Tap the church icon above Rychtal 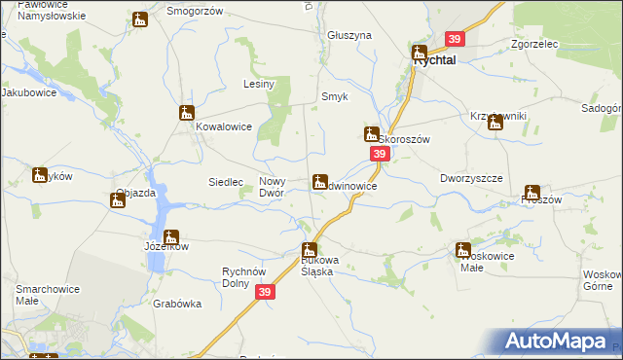tap(420, 52)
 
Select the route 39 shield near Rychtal tap(455, 39)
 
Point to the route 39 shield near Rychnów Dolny tap(266, 291)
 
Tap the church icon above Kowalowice tap(187, 113)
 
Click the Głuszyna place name tap(350, 35)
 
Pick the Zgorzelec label tap(534, 44)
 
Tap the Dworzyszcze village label tap(470, 179)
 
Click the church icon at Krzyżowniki tap(495, 123)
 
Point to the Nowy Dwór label tap(272, 187)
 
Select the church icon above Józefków tap(171, 236)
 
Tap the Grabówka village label tap(176, 304)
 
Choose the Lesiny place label tap(259, 85)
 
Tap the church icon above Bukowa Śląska tap(310, 250)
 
